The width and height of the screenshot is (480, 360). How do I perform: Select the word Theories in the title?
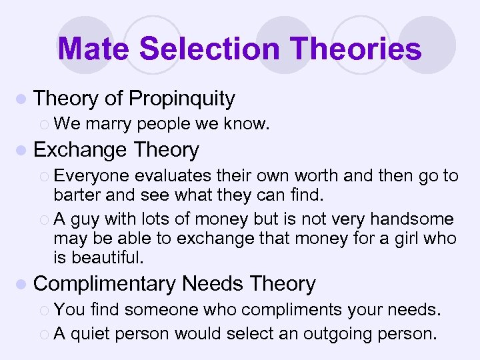pyautogui.click(x=359, y=49)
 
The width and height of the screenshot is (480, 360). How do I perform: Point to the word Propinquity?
pyautogui.click(x=182, y=99)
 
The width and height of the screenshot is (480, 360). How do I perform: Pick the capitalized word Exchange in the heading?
pyautogui.click(x=80, y=150)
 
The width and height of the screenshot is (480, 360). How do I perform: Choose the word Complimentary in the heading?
pyautogui.click(x=105, y=284)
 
